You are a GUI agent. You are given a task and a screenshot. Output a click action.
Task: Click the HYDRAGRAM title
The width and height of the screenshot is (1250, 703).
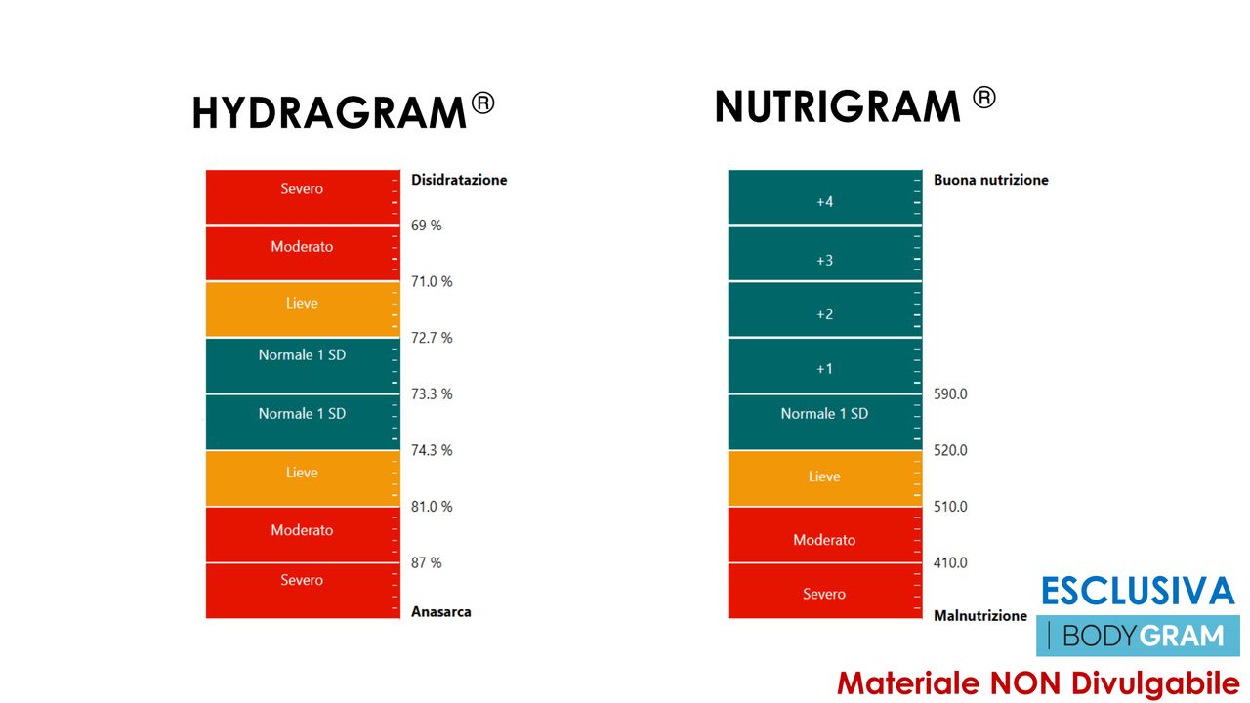pos(328,113)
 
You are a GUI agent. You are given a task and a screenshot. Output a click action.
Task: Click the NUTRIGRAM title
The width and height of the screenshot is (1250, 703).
pos(837,106)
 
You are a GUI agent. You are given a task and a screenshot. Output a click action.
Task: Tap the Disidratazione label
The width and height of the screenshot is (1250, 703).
pos(459,180)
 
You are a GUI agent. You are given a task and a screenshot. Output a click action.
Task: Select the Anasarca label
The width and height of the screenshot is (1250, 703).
pos(441,612)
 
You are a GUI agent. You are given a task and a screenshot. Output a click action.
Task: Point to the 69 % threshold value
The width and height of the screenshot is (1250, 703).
pos(427,226)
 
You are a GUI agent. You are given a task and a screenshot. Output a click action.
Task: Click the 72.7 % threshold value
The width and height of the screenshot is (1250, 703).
pos(432,338)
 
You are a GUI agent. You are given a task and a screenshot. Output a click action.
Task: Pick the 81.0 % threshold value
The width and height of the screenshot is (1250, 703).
pos(432,507)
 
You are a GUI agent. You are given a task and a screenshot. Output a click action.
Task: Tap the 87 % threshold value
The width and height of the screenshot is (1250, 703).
pos(427,563)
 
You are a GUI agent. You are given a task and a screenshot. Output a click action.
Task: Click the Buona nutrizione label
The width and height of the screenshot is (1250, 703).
pos(990,180)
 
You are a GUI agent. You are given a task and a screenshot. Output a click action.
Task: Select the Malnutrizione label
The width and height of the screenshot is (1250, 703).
pos(979,616)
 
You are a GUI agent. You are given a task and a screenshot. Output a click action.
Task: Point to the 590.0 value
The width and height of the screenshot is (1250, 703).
pos(950,394)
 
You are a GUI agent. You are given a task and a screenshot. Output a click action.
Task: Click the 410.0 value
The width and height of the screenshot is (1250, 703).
pos(950,563)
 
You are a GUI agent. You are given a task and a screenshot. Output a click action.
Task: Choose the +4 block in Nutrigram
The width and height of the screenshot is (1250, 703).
pos(824,198)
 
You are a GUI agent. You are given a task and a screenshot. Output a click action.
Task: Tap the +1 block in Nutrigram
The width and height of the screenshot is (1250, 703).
pos(824,367)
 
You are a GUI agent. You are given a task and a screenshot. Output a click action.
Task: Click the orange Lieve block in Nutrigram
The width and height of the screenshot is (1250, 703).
pos(824,478)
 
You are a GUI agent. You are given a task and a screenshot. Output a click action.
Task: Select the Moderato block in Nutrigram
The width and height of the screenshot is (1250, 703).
pos(824,536)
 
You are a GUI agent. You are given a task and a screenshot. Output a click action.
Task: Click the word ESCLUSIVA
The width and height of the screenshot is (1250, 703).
pos(1138,592)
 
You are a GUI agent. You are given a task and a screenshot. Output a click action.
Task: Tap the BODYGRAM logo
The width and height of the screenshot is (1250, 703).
pos(1138,637)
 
